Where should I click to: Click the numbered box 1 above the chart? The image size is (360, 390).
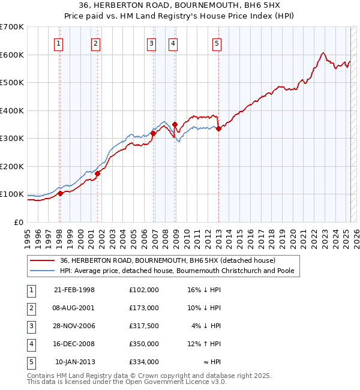59,43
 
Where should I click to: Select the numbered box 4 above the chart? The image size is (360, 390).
172,43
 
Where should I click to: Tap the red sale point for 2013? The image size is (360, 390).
218,128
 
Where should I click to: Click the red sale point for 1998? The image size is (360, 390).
60,193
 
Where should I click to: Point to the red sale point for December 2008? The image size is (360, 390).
175,124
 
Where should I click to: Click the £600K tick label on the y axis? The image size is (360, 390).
12,55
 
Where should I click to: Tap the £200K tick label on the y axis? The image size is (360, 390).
12,166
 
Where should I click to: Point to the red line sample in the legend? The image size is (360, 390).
43,260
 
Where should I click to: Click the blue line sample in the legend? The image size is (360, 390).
43,271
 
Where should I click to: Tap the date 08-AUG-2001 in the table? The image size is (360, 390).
74,307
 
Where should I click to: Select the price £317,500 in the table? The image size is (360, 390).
144,326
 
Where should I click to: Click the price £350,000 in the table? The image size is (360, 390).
144,344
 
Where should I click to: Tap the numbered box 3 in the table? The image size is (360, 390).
31,326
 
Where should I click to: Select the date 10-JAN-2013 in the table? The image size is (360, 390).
75,362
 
